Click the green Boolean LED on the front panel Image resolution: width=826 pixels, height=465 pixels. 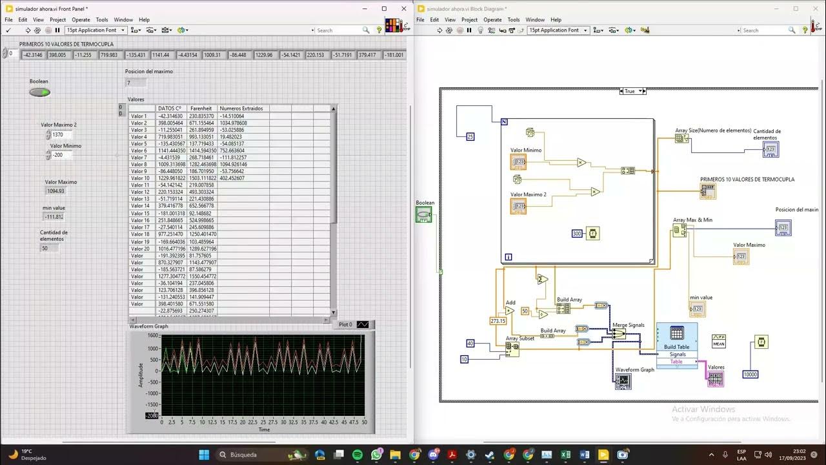click(x=39, y=92)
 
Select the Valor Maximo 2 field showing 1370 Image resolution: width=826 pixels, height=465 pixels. click(x=62, y=135)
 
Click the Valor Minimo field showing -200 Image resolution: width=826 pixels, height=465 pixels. click(x=61, y=155)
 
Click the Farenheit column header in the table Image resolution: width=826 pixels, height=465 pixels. click(x=201, y=108)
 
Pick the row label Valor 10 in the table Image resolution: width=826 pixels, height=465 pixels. click(x=140, y=178)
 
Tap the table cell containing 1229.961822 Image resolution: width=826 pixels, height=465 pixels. click(x=171, y=178)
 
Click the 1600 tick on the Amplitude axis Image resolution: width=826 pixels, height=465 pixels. click(x=152, y=336)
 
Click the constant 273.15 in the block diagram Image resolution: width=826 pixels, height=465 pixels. click(x=498, y=320)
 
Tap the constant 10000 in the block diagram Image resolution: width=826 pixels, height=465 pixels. click(x=750, y=375)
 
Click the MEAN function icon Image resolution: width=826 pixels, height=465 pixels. click(x=719, y=341)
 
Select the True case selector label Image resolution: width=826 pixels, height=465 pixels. click(x=629, y=91)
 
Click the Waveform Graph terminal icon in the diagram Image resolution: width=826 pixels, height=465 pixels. click(x=623, y=382)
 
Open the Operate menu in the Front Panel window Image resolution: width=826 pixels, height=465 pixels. click(x=81, y=20)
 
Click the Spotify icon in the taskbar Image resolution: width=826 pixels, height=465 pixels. click(x=358, y=455)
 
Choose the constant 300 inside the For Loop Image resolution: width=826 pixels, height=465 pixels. click(x=577, y=233)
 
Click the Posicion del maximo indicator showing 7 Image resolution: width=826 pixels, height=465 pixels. click(x=136, y=83)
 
